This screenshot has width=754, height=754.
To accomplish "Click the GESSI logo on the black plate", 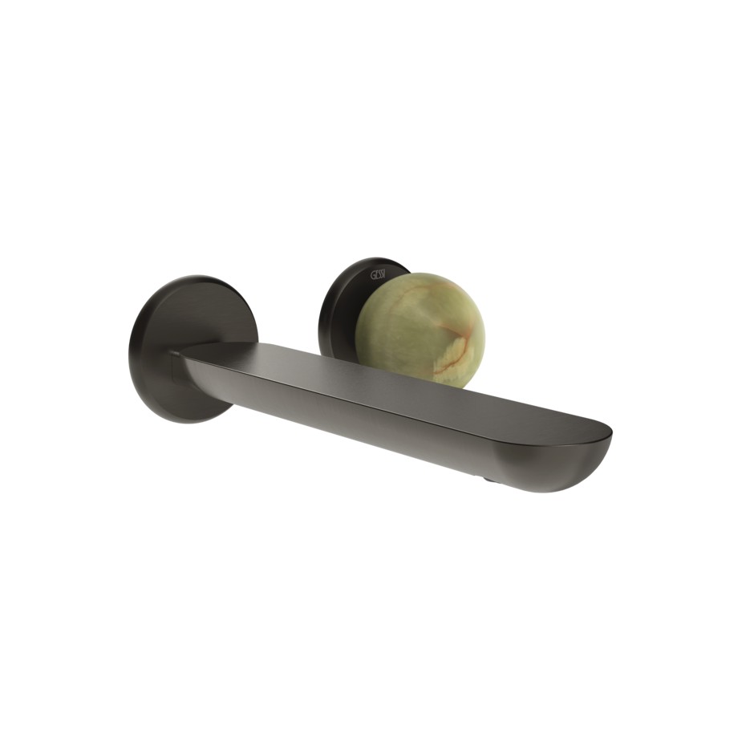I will click(x=378, y=275).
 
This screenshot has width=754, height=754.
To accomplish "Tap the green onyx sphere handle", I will click(x=419, y=329).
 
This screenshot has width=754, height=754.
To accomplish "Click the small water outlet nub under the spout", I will click(x=485, y=479).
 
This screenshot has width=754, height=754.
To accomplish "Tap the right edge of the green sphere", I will click(x=484, y=329).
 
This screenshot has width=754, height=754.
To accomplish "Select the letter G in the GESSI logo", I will click(x=372, y=276).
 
